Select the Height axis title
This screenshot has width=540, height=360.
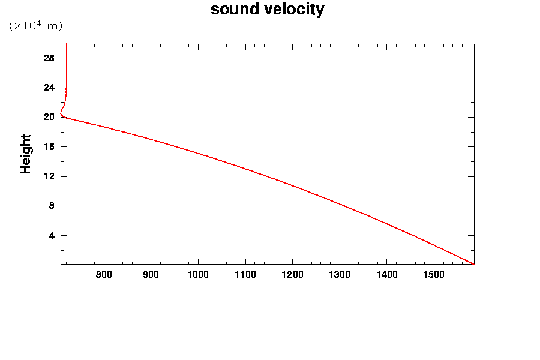pos(26,154)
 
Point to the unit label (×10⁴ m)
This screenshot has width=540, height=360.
pos(35,26)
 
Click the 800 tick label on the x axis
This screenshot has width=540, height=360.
pos(104,275)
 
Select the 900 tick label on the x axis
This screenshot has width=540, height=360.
pos(151,275)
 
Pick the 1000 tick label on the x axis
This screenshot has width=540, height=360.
pos(197,275)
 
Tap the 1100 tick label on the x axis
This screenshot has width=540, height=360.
pos(245,275)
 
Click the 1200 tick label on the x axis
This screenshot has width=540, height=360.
pos(292,275)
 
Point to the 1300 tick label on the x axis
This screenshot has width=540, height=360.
pos(339,275)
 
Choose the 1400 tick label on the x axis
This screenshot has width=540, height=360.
pos(386,275)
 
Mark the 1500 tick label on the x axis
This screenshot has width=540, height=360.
pos(433,275)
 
